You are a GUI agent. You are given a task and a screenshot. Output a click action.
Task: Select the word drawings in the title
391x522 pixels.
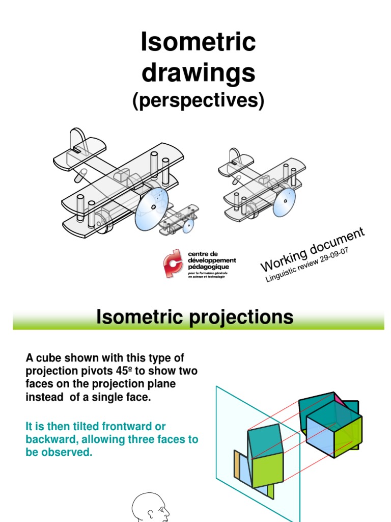(x=198, y=73)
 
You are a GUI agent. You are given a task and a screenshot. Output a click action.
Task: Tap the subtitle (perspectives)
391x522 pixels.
(x=198, y=101)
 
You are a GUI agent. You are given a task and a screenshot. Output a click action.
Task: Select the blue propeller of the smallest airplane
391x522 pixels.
(x=188, y=225)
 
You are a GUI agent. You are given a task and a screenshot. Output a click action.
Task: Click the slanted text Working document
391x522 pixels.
(x=312, y=250)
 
